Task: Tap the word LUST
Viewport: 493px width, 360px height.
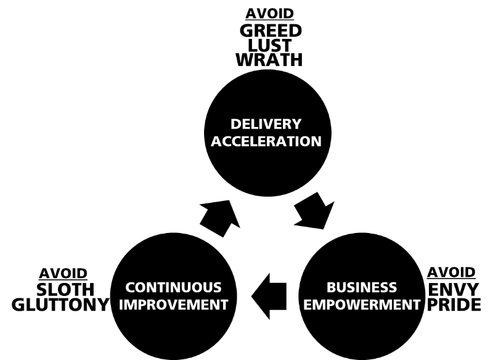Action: pos(271,46)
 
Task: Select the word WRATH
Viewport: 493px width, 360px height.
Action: pos(271,60)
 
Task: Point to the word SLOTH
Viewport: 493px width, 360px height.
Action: pos(63,289)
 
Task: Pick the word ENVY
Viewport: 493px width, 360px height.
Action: pos(451,289)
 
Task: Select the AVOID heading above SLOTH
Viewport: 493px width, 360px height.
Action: pos(63,273)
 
